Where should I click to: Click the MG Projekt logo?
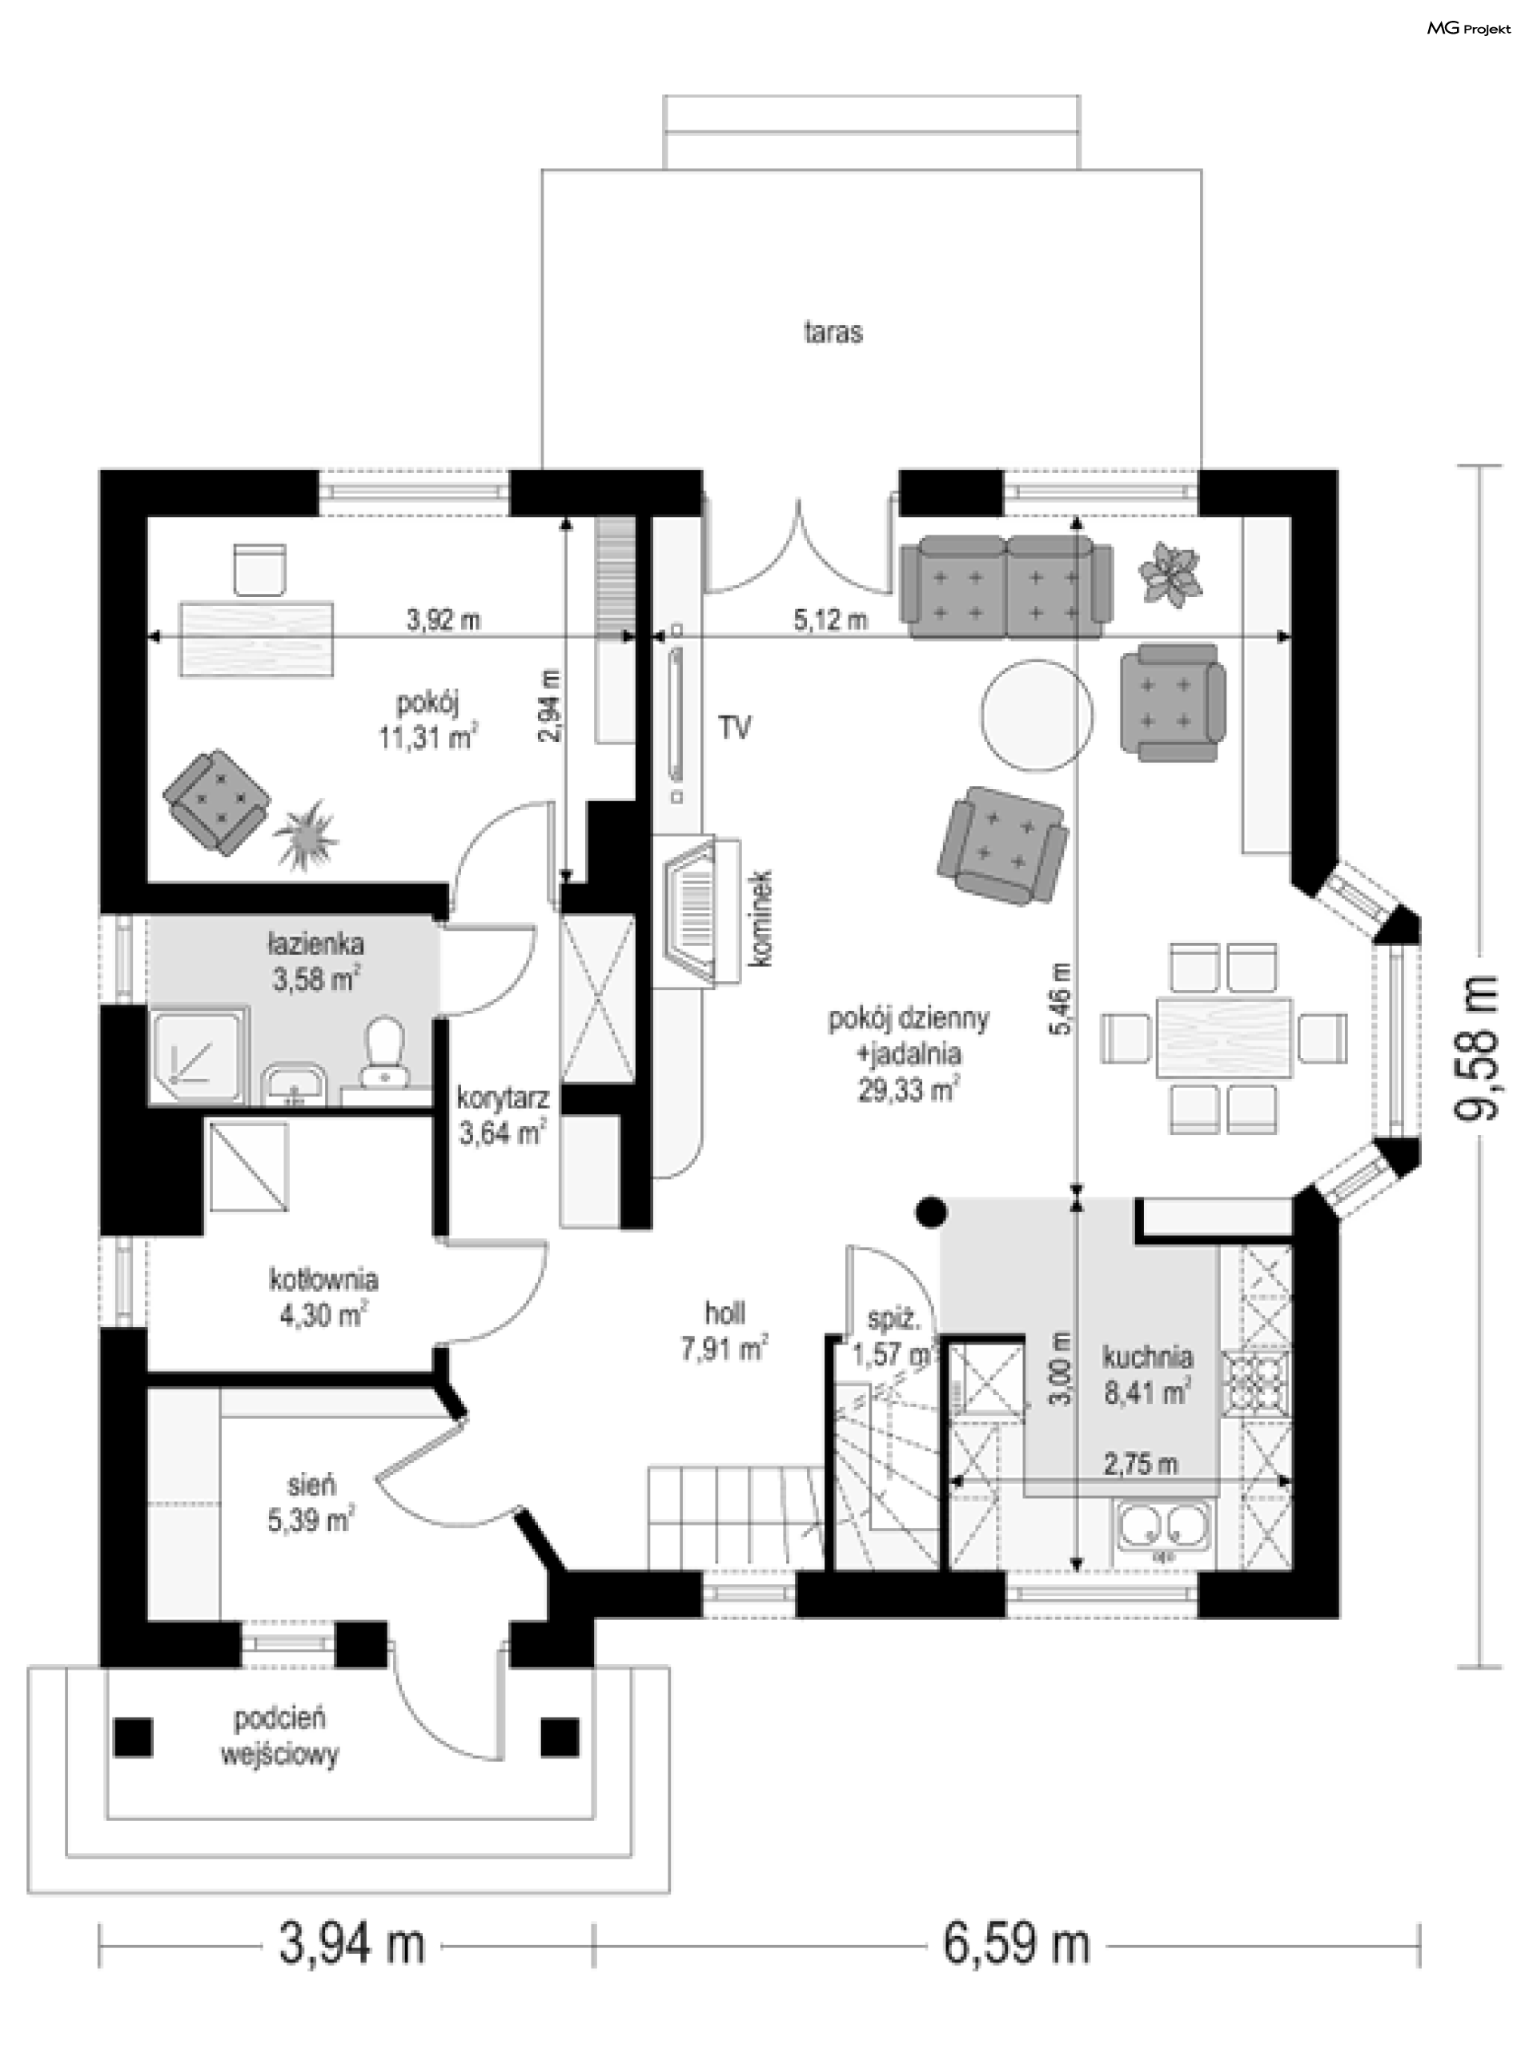click(1469, 29)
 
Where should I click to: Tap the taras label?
click(833, 332)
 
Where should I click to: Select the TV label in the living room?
click(734, 728)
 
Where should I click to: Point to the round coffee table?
click(1037, 715)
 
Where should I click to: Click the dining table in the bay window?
click(1223, 1037)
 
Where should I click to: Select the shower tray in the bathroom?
click(199, 1055)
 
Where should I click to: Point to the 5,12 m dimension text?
click(830, 619)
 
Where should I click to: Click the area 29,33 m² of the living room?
click(908, 1089)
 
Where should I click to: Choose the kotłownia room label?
click(323, 1280)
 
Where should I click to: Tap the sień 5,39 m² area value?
click(310, 1520)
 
